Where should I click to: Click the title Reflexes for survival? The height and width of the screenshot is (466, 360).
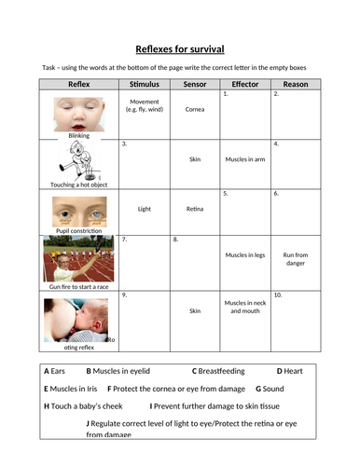point(179,48)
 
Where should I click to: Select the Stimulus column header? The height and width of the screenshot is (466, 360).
point(145,84)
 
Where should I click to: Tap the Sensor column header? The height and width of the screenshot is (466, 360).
point(195,84)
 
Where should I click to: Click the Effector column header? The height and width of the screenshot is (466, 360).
point(244,84)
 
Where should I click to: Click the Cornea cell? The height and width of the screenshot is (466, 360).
point(195,109)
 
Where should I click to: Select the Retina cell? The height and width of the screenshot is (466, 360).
point(195,210)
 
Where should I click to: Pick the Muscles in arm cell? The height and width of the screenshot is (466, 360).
point(244,159)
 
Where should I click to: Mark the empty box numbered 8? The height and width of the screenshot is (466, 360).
point(195,261)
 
